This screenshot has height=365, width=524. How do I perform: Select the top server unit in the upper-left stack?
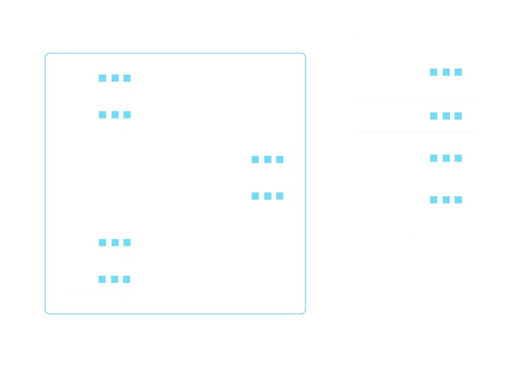(100, 79)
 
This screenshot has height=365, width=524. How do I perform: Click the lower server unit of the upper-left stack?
(100, 115)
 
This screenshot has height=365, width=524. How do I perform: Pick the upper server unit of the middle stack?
(253, 160)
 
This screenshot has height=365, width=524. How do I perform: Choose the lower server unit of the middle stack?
(253, 196)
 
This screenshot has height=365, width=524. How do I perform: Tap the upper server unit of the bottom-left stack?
(101, 243)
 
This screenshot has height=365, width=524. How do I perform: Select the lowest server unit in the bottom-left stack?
(100, 279)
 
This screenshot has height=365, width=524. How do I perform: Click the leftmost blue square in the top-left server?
(103, 78)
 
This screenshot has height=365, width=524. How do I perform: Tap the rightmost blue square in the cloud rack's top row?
(458, 72)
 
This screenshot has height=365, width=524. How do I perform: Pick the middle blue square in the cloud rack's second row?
(446, 116)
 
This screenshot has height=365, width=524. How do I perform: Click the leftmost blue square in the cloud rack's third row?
(434, 158)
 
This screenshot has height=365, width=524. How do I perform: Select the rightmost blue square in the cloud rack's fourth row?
(458, 200)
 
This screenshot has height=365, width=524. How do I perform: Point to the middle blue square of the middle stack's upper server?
(268, 160)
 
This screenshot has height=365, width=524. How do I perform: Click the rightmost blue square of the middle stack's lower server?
(280, 196)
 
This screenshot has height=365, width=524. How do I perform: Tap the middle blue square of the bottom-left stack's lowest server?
(114, 279)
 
